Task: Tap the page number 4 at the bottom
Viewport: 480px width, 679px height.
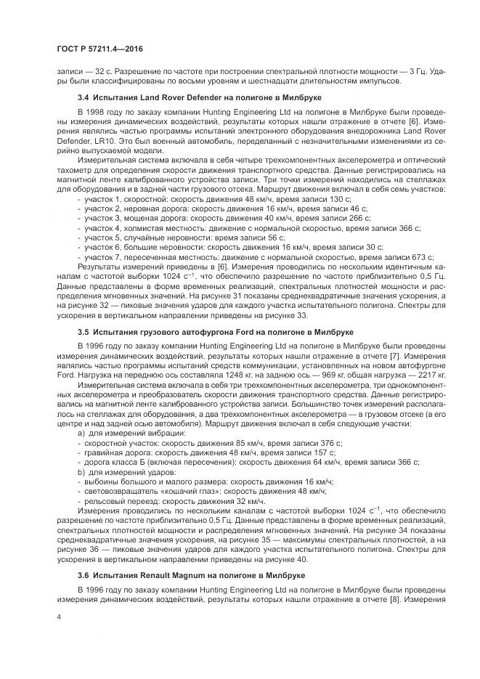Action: coord(59,616)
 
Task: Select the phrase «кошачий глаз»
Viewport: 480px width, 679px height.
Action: coord(166,491)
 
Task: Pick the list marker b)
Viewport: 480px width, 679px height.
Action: coord(81,471)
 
